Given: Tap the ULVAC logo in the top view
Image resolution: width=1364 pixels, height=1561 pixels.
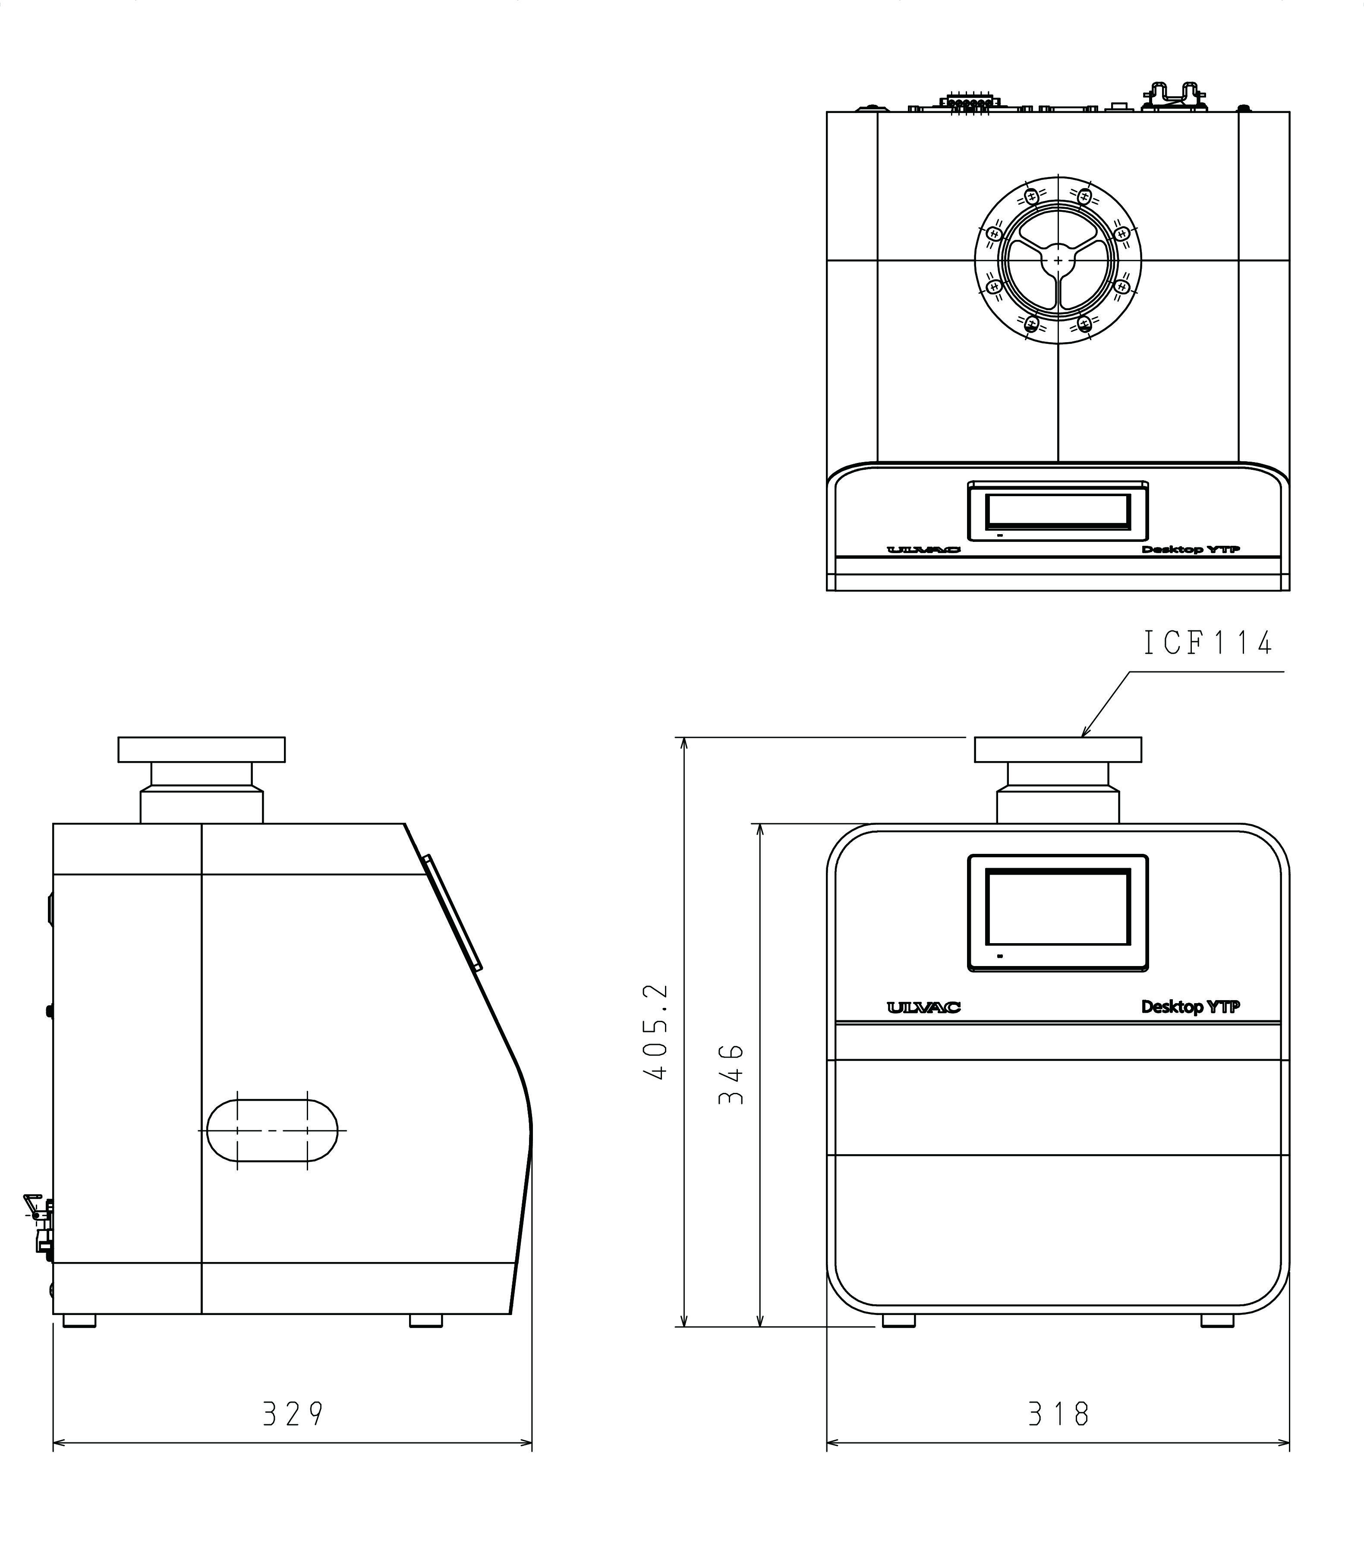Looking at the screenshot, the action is [x=924, y=550].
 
